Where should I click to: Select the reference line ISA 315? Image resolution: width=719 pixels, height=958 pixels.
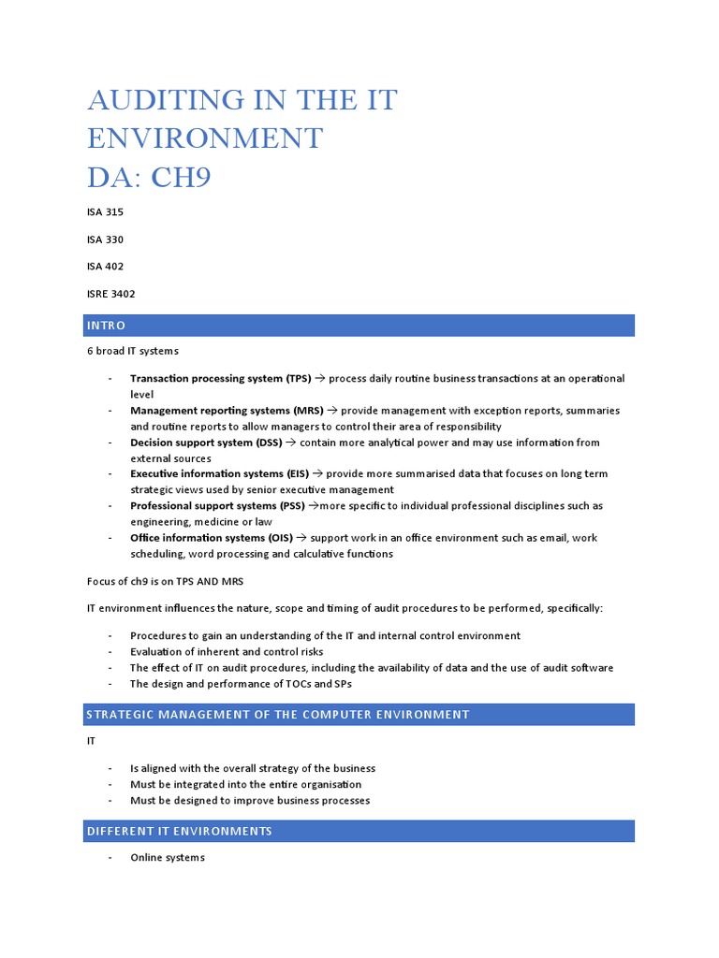tap(105, 212)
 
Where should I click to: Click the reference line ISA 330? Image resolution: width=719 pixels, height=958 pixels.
tap(105, 239)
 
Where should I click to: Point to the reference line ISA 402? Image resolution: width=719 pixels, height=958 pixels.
tap(105, 267)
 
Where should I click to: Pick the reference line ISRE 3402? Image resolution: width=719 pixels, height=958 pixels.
tap(110, 294)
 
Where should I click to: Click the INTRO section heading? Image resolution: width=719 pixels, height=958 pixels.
tap(107, 326)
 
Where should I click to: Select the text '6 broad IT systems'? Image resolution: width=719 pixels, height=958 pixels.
tap(132, 351)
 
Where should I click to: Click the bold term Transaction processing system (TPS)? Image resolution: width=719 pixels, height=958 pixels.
tap(219, 379)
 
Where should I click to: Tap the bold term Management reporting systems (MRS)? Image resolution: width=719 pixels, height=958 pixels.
tap(221, 411)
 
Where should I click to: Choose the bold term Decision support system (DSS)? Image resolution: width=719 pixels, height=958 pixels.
tap(205, 443)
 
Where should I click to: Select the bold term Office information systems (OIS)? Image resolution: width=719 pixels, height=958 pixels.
tap(212, 538)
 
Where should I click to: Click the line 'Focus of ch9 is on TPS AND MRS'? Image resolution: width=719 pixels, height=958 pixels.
tap(165, 581)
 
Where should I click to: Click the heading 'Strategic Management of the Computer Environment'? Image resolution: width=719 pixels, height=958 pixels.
tap(277, 715)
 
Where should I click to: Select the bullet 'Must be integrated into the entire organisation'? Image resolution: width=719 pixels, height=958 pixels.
tap(245, 784)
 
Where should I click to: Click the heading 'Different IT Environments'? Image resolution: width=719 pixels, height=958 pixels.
tap(179, 831)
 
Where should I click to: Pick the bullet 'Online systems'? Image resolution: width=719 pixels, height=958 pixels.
tap(167, 857)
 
